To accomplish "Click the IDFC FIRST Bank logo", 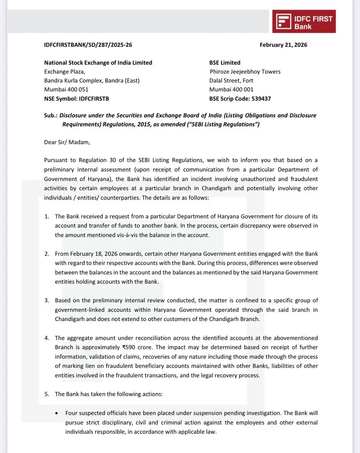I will coord(304,22).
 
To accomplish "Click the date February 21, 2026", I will coord(283,45).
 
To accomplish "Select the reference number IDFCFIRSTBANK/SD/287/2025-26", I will coord(88,45).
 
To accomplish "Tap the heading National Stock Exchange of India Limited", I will coord(98,63).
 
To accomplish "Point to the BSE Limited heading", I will coord(225,63).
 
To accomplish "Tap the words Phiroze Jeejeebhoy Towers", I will coord(245,72).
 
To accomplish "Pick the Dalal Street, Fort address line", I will coord(231,81).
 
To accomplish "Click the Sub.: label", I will coord(51,116).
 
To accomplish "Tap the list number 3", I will coord(47,300).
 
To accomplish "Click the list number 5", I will coord(47,394).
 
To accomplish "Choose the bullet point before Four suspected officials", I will coord(56,413).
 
